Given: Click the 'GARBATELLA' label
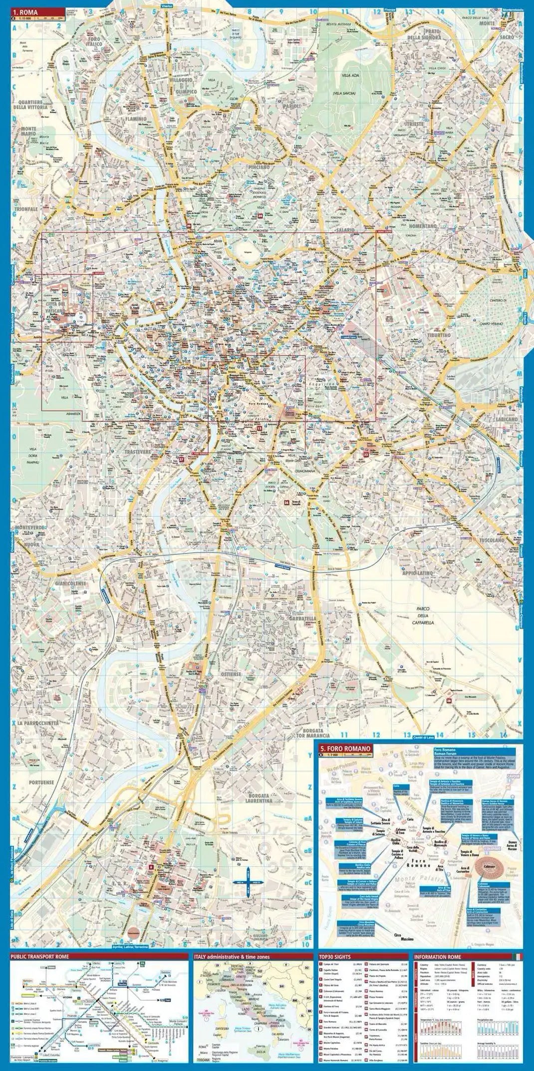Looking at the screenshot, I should pos(300,618).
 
